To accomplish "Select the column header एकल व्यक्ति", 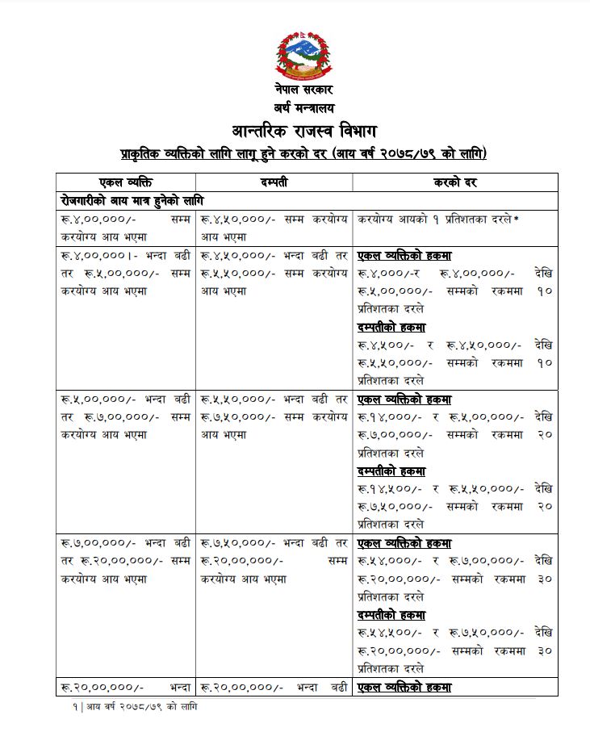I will tap(124, 182).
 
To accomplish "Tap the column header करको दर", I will tap(455, 182).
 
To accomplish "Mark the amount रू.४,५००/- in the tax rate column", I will tap(385, 345).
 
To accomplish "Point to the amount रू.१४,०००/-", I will tap(387, 417).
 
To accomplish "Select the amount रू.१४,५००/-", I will tap(388, 489).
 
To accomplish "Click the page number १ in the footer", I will tap(72, 706).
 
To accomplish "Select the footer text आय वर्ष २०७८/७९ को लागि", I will tap(141, 706).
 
